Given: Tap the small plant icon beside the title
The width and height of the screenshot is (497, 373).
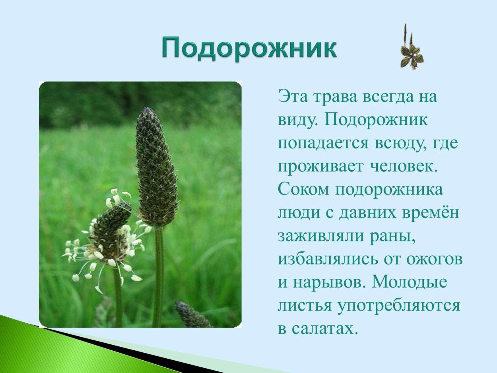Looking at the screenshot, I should click(x=411, y=48).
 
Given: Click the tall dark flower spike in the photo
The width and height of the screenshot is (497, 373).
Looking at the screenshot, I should click(x=156, y=167).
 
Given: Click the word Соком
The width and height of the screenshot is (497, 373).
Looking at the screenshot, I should click(x=303, y=190).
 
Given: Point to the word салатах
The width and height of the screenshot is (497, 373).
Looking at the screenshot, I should click(x=322, y=329).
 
